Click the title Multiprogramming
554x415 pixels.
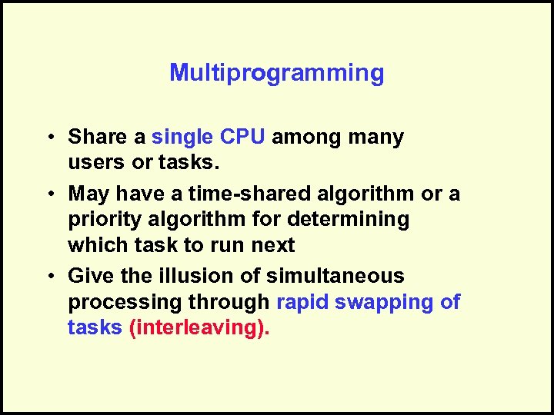pyautogui.click(x=276, y=74)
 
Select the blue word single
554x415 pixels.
pyautogui.click(x=182, y=138)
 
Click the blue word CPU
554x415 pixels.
pyautogui.click(x=243, y=138)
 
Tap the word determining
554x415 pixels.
pyautogui.click(x=348, y=220)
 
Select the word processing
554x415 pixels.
pyautogui.click(x=122, y=302)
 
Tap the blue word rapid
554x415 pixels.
pyautogui.click(x=300, y=301)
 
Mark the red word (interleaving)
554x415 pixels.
pyautogui.click(x=199, y=327)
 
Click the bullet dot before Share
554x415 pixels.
pyautogui.click(x=48, y=138)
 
